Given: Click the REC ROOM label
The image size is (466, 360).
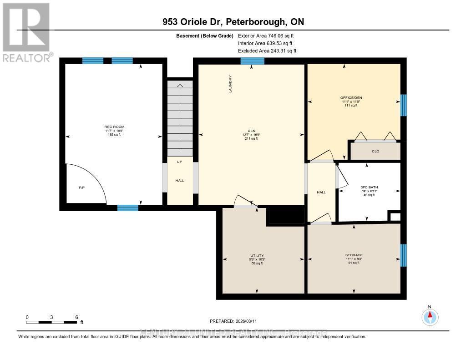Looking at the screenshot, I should click(114, 127).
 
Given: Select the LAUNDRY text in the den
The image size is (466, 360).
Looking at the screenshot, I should click(231, 84).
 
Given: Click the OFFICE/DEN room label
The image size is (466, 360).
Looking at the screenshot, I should click(351, 98).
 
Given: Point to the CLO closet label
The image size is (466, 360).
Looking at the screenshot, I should click(375, 152).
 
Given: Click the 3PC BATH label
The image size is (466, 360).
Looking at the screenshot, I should click(370, 187).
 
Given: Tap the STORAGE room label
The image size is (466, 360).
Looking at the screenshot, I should click(354, 255).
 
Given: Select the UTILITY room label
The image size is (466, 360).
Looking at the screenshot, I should click(257, 255).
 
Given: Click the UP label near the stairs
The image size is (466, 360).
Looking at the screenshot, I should click(180, 162).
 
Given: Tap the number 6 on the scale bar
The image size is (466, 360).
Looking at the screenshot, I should click(76, 317).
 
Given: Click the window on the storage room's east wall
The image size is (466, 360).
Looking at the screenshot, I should click(403, 255).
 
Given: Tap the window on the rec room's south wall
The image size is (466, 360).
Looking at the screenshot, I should click(128, 208).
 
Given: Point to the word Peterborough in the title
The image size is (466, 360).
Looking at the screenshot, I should click(258, 22).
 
